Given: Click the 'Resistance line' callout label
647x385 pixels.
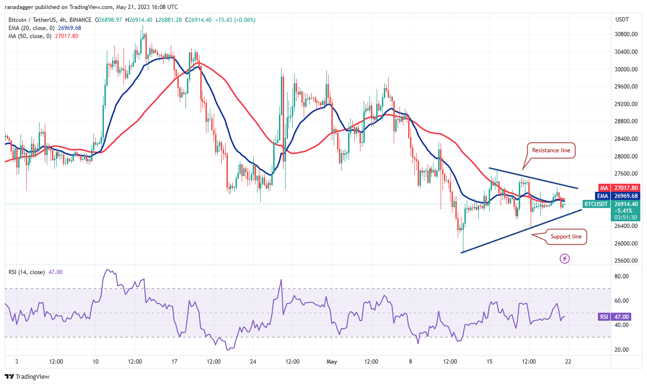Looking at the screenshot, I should (552, 150).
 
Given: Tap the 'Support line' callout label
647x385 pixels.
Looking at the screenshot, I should (566, 237).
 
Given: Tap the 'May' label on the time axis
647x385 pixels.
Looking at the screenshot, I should (332, 362).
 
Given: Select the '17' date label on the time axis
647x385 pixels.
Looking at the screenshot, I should (175, 362).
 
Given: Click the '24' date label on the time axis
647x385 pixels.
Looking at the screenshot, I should (253, 362).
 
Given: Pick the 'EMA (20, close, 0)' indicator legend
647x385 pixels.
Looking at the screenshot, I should (32, 28).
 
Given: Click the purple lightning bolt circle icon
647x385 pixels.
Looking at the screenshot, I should (565, 258).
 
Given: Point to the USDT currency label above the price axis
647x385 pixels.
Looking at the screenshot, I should (623, 20).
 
